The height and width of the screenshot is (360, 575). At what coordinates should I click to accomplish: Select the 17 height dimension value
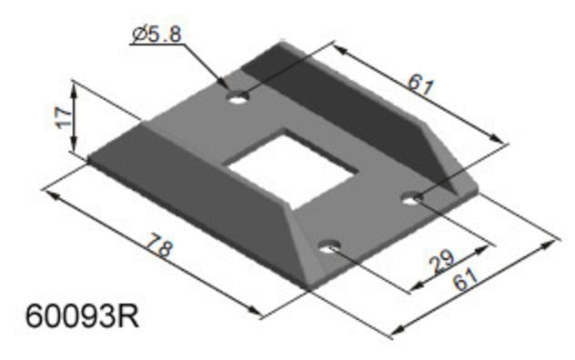(61, 117)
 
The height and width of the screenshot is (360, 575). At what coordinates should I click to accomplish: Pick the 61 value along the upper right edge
(419, 85)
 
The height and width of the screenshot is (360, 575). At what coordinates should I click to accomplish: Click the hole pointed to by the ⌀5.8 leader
(238, 96)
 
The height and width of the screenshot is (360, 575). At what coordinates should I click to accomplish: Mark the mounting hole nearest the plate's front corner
(330, 245)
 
